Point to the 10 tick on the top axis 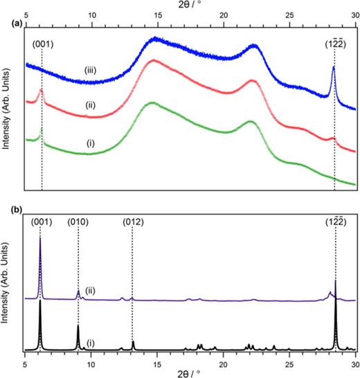pyautogui.click(x=91, y=14)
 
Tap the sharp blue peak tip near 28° pyautogui.click(x=333, y=66)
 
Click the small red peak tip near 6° pyautogui.click(x=41, y=90)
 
